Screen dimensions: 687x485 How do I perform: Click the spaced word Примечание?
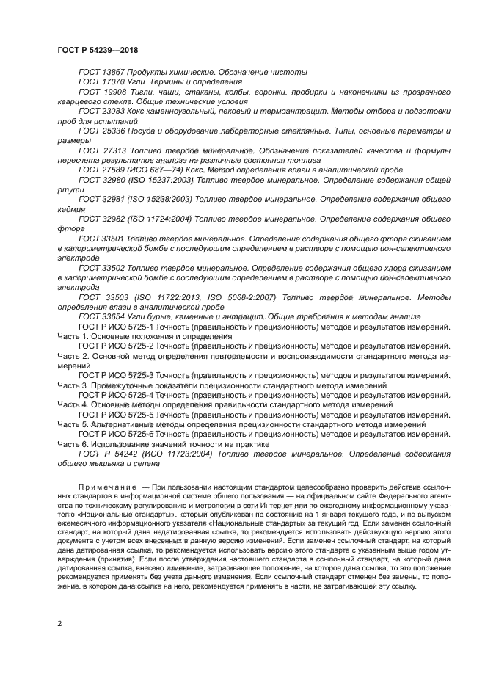click(108, 487)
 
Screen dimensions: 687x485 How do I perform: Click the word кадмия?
click(71, 208)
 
